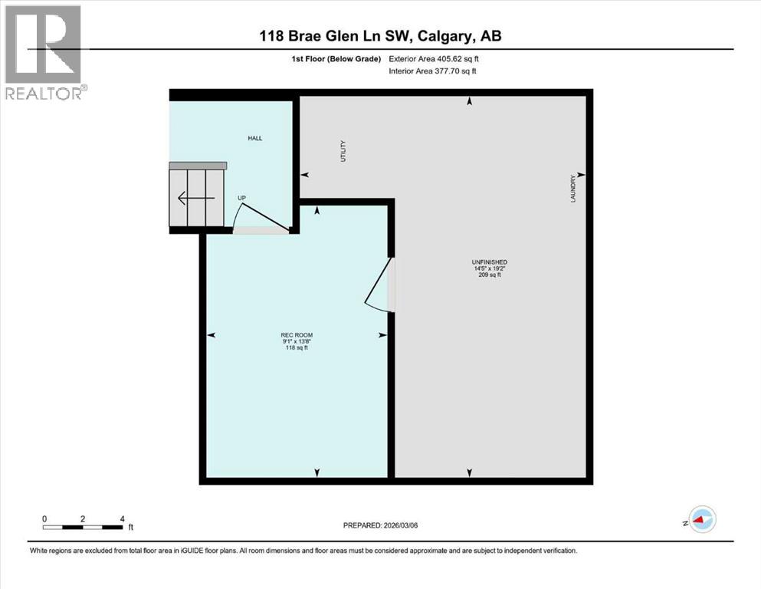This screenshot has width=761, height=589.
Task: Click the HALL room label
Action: click(x=254, y=138)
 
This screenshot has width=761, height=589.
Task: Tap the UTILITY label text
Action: click(x=344, y=150)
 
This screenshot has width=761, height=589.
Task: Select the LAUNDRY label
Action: click(x=572, y=189)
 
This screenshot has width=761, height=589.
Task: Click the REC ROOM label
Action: click(x=297, y=335)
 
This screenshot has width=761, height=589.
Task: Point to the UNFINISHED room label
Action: click(x=490, y=262)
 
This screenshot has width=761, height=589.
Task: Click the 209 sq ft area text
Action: click(x=490, y=275)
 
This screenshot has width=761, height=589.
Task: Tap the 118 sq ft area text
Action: click(x=297, y=348)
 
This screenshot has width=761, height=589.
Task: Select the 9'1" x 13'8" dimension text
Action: click(x=297, y=342)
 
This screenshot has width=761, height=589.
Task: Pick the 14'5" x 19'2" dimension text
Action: click(x=490, y=269)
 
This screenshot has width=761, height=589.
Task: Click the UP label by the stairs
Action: click(x=241, y=199)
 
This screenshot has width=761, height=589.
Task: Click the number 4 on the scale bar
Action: click(x=123, y=518)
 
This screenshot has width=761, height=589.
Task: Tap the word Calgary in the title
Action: click(x=448, y=35)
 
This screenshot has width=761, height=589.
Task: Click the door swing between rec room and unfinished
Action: click(x=377, y=285)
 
